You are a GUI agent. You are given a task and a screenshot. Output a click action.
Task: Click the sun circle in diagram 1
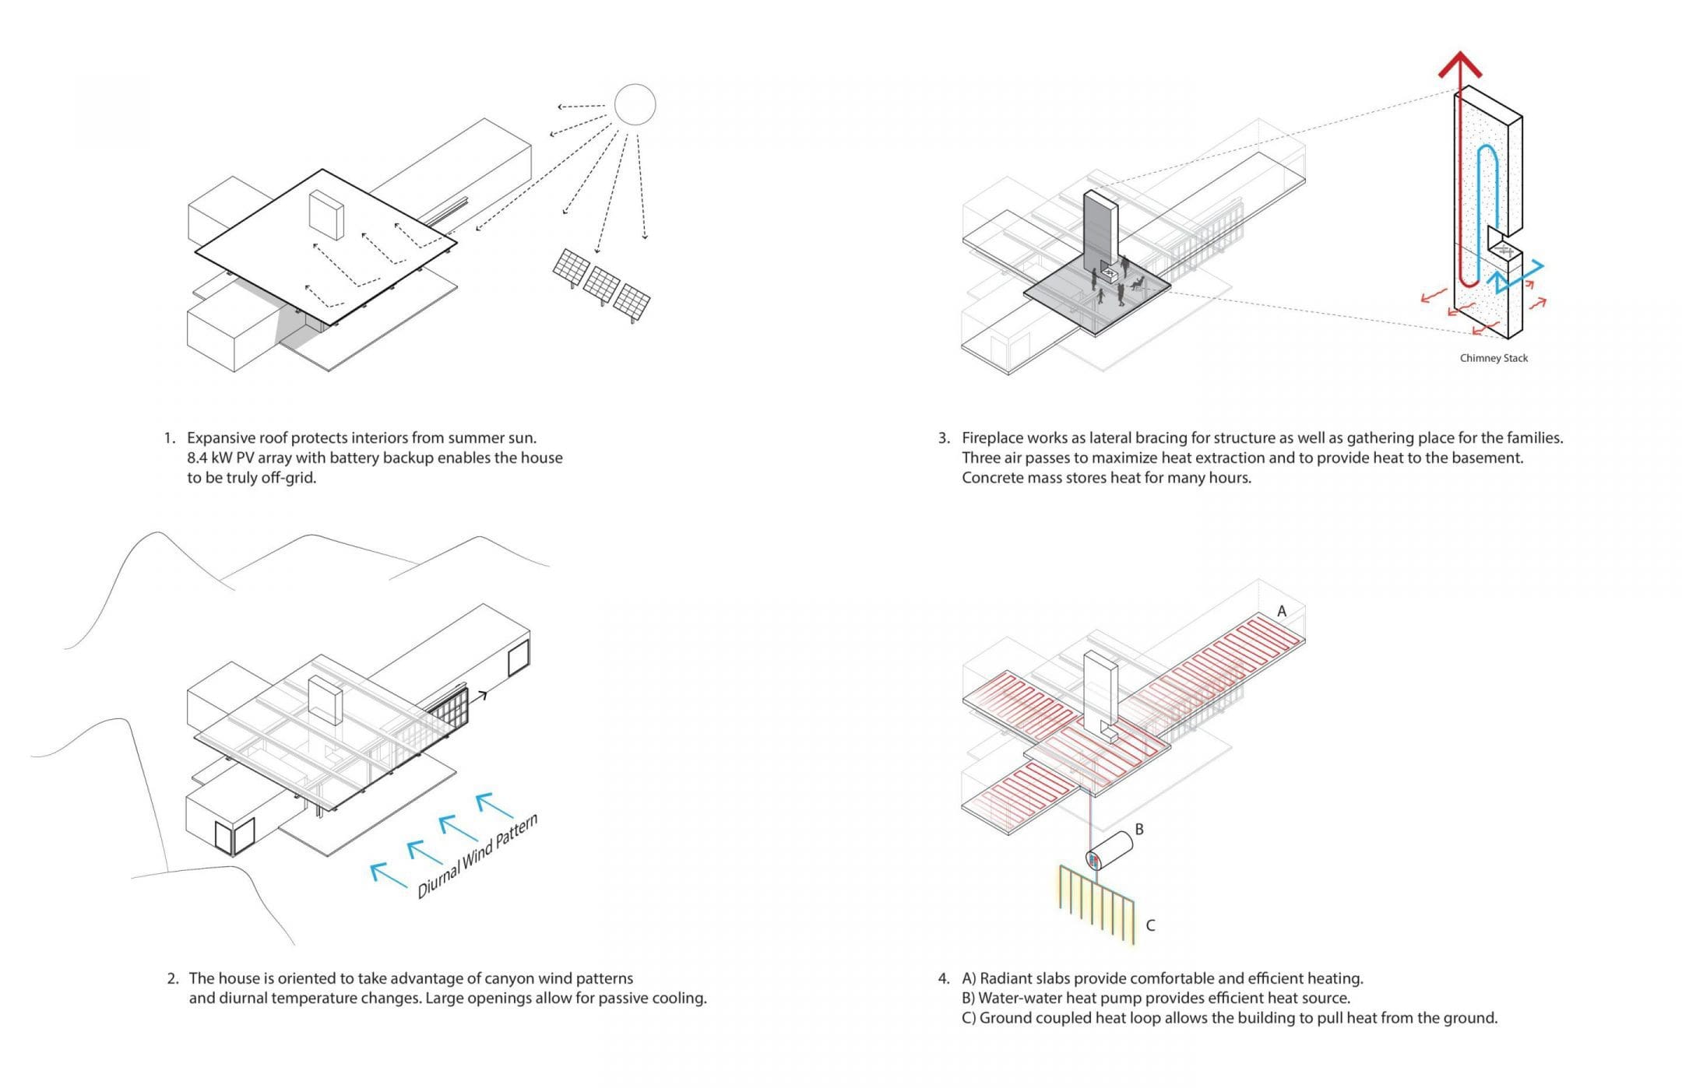[x=635, y=104]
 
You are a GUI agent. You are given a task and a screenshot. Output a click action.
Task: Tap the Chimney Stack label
[x=1494, y=358]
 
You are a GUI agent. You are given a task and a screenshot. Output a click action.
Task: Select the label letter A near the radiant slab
[x=1282, y=612]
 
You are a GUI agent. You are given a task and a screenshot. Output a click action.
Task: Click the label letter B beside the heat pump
[x=1139, y=830]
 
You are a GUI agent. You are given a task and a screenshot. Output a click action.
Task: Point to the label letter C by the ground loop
[x=1150, y=925]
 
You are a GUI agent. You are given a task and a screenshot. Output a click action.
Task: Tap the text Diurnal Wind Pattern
[x=477, y=857]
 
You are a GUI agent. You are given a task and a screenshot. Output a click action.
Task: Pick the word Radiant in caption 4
[x=1006, y=978]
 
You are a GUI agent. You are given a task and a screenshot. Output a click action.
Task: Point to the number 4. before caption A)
[x=944, y=978]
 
